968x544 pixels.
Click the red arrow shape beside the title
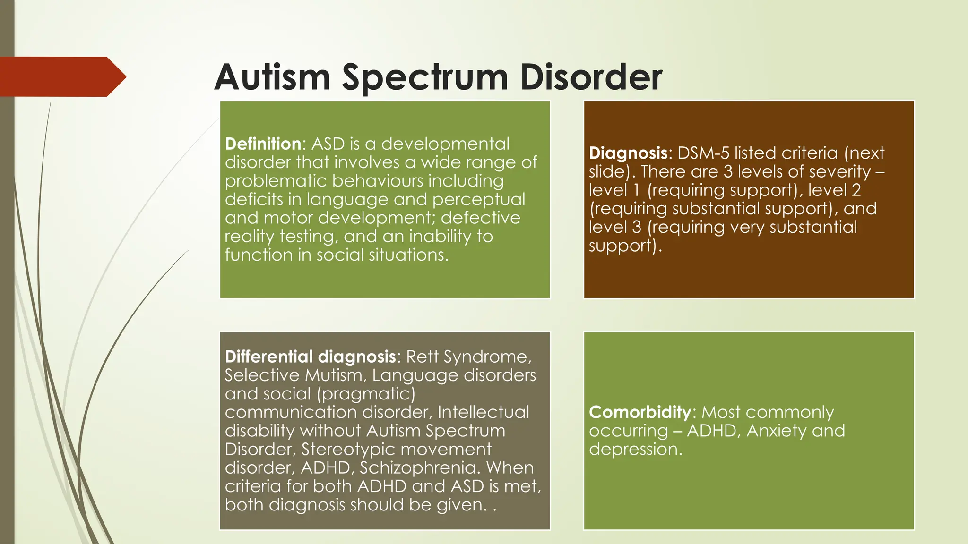[x=61, y=76]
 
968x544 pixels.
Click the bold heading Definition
[x=263, y=144]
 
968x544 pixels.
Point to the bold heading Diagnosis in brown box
[x=628, y=153]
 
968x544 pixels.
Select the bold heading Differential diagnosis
[x=310, y=357]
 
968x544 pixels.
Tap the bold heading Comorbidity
[x=640, y=412]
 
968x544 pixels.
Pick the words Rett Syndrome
[x=468, y=357]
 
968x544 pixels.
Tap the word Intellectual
[x=483, y=412]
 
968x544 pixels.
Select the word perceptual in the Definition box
[x=478, y=199]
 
